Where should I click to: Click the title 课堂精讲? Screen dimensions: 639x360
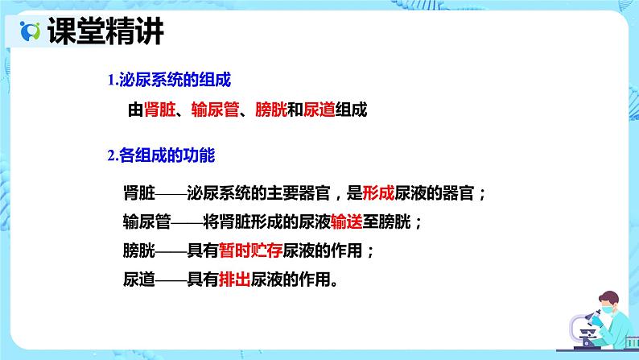pyautogui.click(x=106, y=31)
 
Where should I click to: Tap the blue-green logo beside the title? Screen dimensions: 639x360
pyautogui.click(x=30, y=31)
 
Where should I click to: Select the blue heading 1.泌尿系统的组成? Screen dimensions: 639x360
pyautogui.click(x=169, y=80)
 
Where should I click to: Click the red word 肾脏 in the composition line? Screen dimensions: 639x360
pyautogui.click(x=159, y=110)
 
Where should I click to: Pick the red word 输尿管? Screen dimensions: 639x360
pyautogui.click(x=215, y=110)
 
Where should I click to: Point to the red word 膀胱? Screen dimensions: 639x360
pyautogui.click(x=271, y=110)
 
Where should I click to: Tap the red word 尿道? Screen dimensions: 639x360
pyautogui.click(x=319, y=110)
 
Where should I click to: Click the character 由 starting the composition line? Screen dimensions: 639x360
pyautogui.click(x=136, y=110)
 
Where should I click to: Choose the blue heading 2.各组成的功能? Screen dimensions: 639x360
pyautogui.click(x=162, y=155)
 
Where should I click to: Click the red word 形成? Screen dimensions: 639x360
pyautogui.click(x=378, y=192)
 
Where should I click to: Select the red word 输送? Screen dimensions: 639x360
pyautogui.click(x=347, y=221)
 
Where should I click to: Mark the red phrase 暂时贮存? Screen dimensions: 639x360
pyautogui.click(x=250, y=250)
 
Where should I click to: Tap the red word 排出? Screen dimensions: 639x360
pyautogui.click(x=235, y=279)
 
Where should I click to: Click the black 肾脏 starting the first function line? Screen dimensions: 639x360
pyautogui.click(x=139, y=192)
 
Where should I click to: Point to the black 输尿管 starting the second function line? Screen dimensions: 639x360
pyautogui.click(x=146, y=221)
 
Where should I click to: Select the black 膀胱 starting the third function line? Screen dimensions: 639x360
pyautogui.click(x=139, y=250)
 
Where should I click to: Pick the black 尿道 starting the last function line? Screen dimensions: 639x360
pyautogui.click(x=139, y=279)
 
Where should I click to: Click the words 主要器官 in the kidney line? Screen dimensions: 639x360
pyautogui.click(x=299, y=192)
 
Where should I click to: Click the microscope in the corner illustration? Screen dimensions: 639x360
pyautogui.click(x=586, y=329)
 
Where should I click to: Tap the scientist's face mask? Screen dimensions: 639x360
pyautogui.click(x=607, y=310)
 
